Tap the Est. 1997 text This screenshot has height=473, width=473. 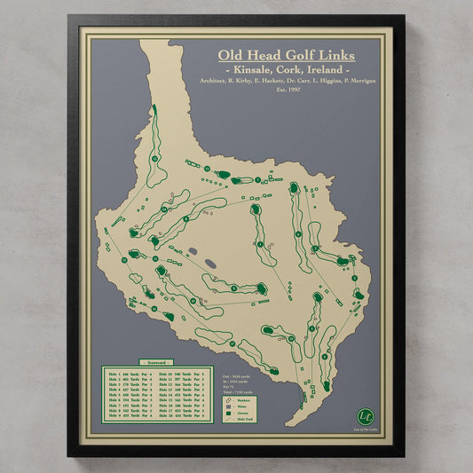[x=288, y=90]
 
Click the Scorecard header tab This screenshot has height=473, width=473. [x=156, y=362]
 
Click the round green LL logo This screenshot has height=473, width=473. [x=364, y=414]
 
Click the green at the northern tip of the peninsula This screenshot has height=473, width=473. [x=153, y=110]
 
